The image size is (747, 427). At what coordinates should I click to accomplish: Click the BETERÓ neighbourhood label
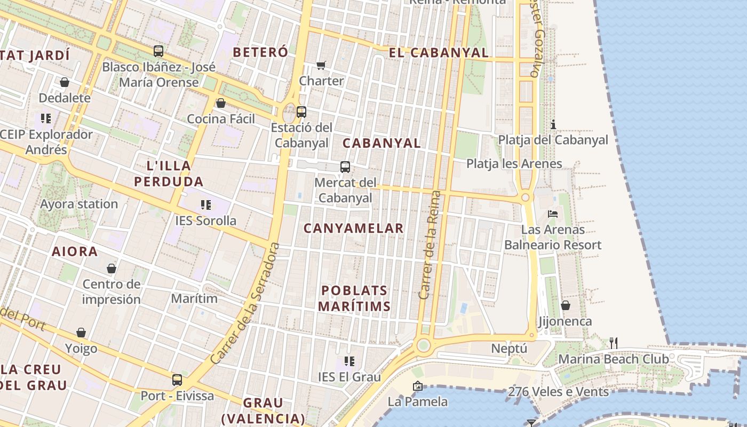260,52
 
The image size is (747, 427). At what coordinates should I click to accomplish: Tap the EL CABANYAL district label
439,52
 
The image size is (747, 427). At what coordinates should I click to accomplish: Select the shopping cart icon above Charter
321,65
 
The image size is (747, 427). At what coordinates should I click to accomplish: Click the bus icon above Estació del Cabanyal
301,112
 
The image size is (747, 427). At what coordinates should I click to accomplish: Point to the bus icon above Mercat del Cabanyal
345,167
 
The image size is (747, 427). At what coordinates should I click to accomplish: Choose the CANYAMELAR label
354,228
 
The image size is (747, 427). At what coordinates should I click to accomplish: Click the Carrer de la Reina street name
430,244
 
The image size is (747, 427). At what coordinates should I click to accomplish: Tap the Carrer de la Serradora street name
245,303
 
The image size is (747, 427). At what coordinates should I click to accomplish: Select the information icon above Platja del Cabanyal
553,125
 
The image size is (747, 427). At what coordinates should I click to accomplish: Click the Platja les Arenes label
514,163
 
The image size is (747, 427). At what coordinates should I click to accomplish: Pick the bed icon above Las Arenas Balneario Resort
553,214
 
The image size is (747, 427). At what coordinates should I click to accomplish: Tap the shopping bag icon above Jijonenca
565,305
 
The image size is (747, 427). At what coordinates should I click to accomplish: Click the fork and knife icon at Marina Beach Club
614,343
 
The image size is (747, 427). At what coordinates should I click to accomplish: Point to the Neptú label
509,349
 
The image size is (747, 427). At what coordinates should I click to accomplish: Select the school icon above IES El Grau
349,361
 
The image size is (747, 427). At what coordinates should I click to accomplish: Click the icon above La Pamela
418,386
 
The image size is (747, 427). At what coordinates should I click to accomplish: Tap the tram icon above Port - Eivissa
177,380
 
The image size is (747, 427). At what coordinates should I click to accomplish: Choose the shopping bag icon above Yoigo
81,333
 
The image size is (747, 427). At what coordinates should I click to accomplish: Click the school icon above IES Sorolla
206,204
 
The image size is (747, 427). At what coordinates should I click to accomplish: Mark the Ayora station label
79,204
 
